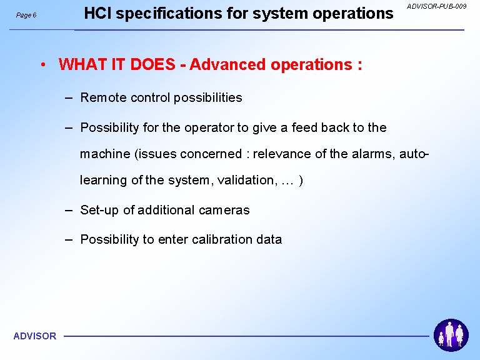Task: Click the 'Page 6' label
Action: pyautogui.click(x=26, y=15)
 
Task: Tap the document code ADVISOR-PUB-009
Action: pyautogui.click(x=436, y=6)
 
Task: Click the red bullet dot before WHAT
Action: pyautogui.click(x=43, y=64)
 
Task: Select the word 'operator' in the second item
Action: pyautogui.click(x=209, y=128)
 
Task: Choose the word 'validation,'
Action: pyautogui.click(x=247, y=180)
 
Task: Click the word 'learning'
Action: pyautogui.click(x=103, y=180)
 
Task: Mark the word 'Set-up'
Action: pyautogui.click(x=99, y=210)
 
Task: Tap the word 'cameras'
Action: pyautogui.click(x=224, y=210)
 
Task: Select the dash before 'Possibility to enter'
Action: pyautogui.click(x=69, y=239)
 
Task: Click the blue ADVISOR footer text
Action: pyautogui.click(x=35, y=336)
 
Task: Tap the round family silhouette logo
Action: pyautogui.click(x=451, y=335)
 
